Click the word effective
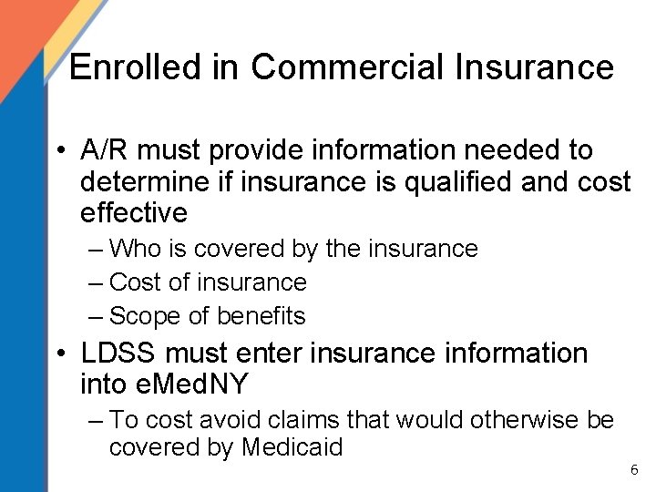click(x=134, y=213)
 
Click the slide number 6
click(x=634, y=470)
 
